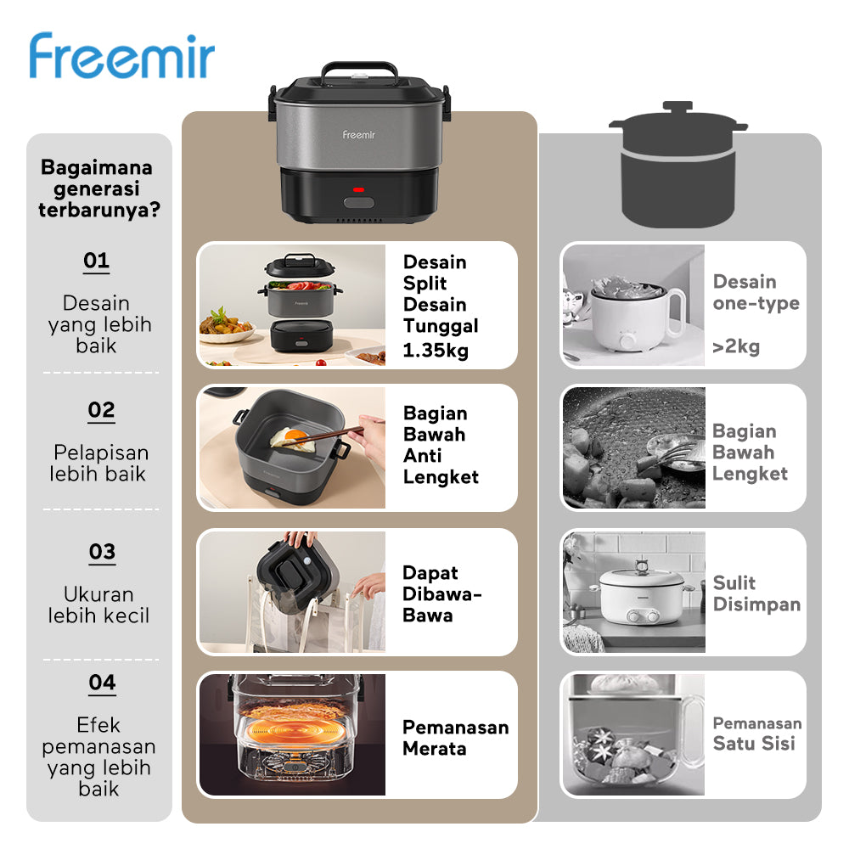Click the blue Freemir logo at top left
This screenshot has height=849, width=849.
122,57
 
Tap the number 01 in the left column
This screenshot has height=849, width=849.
96,261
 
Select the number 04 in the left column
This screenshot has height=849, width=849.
101,683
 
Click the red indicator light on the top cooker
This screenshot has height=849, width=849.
358,189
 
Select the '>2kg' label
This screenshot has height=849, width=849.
736,346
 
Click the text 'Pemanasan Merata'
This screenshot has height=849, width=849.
455,738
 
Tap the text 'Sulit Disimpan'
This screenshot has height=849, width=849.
756,593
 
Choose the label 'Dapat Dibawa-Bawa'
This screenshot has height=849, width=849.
441,593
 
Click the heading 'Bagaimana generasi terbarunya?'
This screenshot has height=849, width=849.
98,188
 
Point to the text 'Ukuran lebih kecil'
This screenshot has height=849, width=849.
98,604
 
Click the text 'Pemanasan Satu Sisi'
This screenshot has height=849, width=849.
756,734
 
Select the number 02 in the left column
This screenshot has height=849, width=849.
101,411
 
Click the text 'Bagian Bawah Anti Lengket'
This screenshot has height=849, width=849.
441,445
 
